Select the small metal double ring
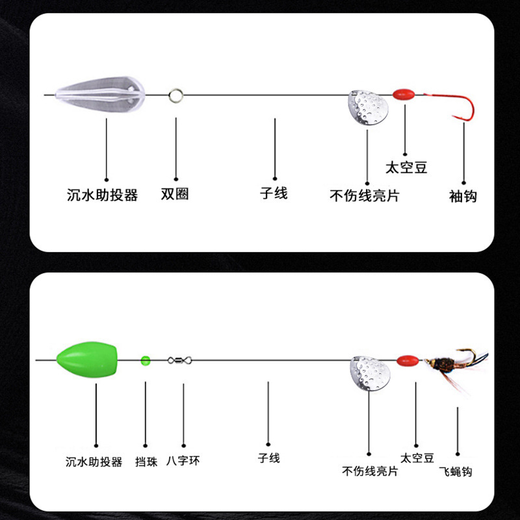[x=175, y=96]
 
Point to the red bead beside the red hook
[x=404, y=94]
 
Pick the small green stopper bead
[x=146, y=359]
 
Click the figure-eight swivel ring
[x=179, y=359]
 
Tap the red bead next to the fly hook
[x=408, y=359]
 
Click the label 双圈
[x=175, y=194]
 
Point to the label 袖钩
[x=463, y=196]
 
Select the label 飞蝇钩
[x=455, y=471]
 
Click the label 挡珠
[x=146, y=461]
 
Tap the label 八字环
[x=183, y=461]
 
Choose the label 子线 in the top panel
[x=274, y=193]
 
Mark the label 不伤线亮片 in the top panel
[x=365, y=196]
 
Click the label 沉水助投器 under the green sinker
[x=94, y=462]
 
